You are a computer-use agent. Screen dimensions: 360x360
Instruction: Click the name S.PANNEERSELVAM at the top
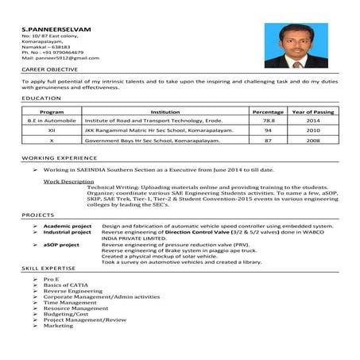pos(56,29)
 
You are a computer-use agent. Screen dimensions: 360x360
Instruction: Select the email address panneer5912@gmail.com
pos(55,59)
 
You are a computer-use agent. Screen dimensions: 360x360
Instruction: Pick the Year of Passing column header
pos(313,112)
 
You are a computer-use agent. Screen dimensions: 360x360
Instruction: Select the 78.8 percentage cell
pos(269,121)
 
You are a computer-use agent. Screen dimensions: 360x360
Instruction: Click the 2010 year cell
pos(313,130)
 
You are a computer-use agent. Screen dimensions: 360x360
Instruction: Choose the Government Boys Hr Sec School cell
pos(148,140)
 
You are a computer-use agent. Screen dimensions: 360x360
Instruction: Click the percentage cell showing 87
pos(269,140)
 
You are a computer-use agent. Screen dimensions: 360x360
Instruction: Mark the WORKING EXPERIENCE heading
pos(54,159)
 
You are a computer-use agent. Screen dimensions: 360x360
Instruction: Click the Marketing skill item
pos(58,325)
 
